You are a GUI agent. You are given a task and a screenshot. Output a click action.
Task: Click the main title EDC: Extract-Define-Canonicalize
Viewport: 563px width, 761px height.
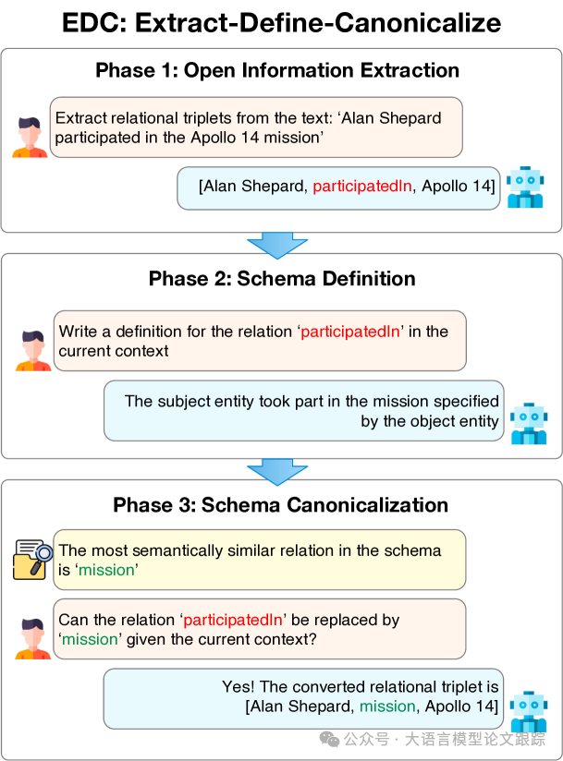(x=281, y=23)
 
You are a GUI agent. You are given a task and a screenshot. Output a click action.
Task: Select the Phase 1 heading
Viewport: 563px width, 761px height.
(x=277, y=70)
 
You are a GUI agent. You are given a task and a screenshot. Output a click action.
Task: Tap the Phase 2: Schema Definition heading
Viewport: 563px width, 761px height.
(x=282, y=279)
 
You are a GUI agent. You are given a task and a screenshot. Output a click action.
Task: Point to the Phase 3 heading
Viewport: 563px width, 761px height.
(x=280, y=505)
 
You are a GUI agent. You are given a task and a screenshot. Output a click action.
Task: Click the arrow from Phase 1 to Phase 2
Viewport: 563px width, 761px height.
(x=277, y=245)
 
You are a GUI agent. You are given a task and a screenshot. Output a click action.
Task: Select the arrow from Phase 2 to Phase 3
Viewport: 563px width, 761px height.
(x=277, y=472)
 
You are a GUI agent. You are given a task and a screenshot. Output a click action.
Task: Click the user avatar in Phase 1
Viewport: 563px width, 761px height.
(x=31, y=138)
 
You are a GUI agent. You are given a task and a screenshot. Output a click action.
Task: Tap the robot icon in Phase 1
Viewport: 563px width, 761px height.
(x=525, y=187)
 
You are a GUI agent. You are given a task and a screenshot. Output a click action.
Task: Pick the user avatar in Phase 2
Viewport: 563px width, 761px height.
(x=33, y=351)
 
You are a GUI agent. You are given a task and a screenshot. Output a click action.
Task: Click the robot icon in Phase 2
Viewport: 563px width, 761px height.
(x=529, y=424)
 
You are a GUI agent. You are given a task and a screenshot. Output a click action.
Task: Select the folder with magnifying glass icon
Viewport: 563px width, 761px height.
(x=32, y=560)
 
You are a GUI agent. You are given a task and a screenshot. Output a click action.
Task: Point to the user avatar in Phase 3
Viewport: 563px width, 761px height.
(x=32, y=639)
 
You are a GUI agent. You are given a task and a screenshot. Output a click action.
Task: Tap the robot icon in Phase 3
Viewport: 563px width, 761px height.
(x=529, y=711)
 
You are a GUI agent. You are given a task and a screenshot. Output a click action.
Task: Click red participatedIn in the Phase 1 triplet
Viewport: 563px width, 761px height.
(x=361, y=186)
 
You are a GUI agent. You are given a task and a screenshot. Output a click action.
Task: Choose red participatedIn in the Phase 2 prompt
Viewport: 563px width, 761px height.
(x=350, y=332)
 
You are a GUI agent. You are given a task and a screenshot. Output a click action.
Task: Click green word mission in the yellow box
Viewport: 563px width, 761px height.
(x=106, y=570)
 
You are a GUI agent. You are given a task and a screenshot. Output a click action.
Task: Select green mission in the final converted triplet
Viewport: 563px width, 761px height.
(x=387, y=707)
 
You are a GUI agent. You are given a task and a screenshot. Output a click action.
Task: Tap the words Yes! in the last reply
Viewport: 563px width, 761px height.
(x=238, y=686)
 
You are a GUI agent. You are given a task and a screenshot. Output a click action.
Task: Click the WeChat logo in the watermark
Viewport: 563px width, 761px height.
(x=329, y=739)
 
